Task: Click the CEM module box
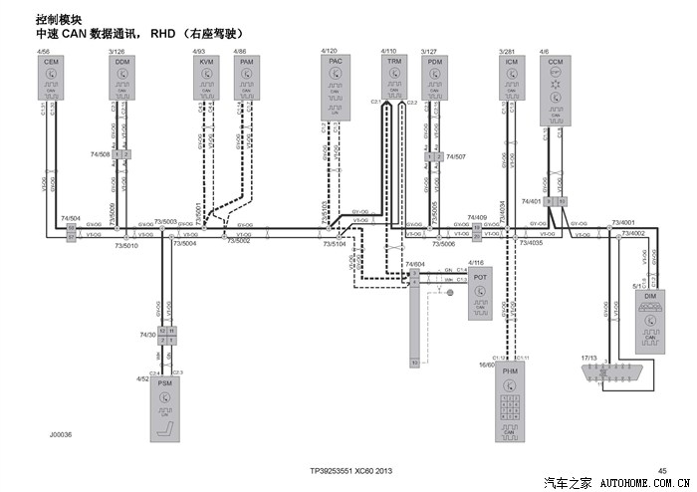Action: tap(49, 77)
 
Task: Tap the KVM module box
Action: tap(207, 77)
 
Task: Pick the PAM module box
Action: tap(247, 77)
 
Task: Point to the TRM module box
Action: tap(394, 77)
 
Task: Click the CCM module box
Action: tap(556, 90)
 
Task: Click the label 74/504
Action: tap(71, 217)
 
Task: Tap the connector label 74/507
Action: tap(456, 156)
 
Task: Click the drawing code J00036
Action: tap(61, 434)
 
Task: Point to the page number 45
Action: tap(662, 469)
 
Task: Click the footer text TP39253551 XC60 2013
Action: tap(351, 469)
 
